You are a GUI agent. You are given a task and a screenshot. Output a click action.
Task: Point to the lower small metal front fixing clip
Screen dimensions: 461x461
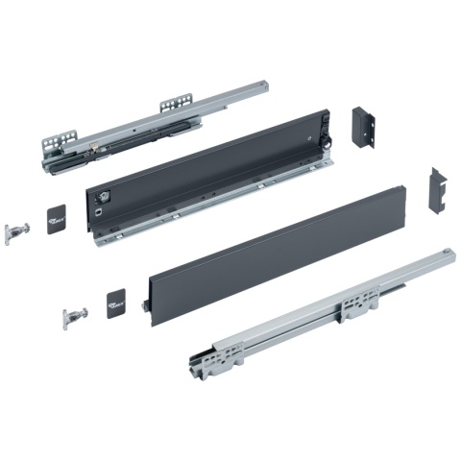[74, 315]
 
